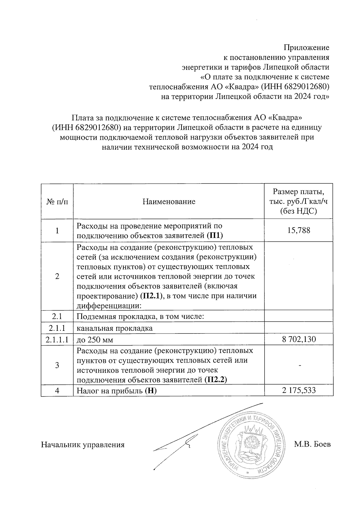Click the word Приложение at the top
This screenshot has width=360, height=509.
[306, 47]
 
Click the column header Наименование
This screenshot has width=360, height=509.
[169, 201]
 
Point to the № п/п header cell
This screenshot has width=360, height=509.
[57, 201]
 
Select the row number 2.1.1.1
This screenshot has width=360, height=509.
[57, 340]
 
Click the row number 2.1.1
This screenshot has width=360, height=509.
[57, 328]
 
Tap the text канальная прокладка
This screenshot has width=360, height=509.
[115, 328]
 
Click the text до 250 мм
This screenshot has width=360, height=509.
[95, 340]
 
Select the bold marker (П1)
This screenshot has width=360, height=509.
[215, 235]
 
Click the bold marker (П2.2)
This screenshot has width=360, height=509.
[215, 380]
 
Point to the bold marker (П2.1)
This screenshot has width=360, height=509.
[151, 296]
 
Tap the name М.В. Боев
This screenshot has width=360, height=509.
[312, 444]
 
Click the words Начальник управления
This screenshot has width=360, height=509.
[83, 445]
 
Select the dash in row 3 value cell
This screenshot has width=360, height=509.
[299, 365]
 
